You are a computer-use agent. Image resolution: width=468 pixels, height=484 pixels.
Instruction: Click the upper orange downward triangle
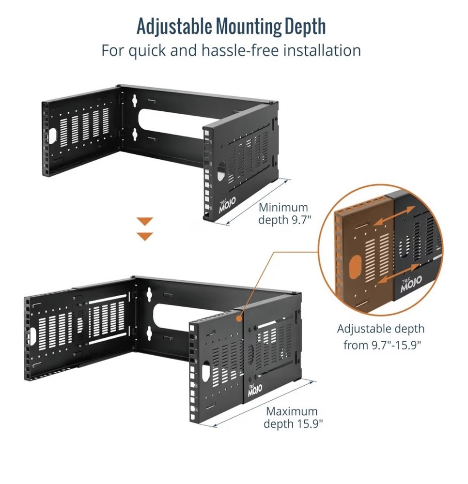(145, 221)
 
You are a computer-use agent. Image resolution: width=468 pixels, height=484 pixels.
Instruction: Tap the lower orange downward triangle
(145, 236)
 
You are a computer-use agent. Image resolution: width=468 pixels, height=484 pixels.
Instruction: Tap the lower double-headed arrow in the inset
(396, 273)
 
